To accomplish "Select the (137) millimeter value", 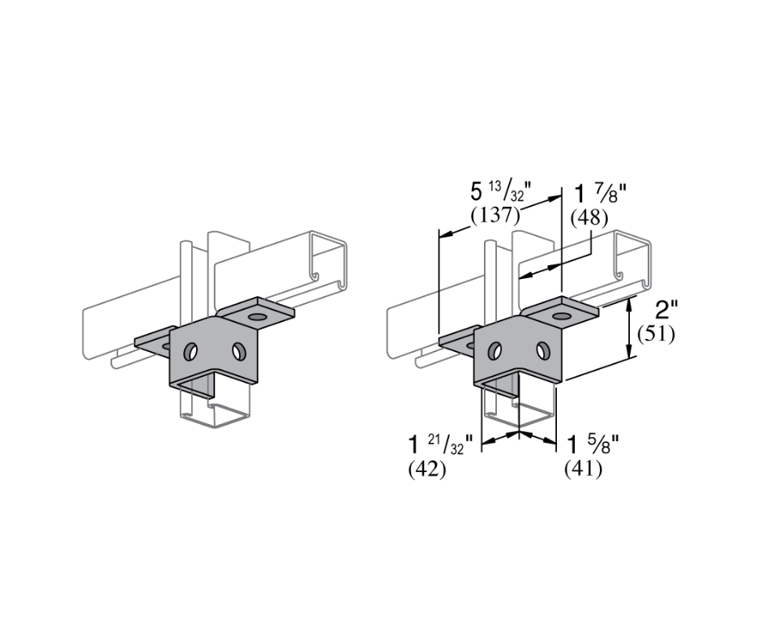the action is [495, 215].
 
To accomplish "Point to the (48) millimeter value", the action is [589, 218].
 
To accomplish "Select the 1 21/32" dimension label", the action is [440, 444].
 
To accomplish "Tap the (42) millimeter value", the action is [427, 470].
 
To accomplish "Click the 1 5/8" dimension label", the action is [593, 444].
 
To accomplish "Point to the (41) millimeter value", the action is [583, 469].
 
